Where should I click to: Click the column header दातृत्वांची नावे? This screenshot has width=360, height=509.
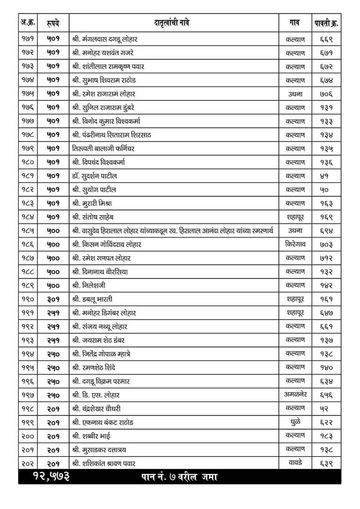point(172,23)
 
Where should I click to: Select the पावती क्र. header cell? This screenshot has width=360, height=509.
point(326,23)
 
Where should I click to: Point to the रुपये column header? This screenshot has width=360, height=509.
point(53,23)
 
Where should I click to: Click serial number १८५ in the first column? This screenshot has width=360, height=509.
point(28,231)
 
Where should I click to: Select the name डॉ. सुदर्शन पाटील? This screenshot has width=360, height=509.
point(94,176)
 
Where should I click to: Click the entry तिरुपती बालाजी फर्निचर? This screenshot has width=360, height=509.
point(103,148)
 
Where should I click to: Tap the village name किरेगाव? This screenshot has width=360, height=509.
point(295,244)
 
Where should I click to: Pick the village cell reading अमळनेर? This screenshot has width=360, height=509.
point(295,395)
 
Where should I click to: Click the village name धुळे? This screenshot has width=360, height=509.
point(295,422)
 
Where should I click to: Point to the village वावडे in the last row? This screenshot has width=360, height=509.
point(295,463)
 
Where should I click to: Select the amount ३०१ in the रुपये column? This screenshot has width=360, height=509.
point(53,299)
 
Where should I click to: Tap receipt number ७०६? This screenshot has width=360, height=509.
point(326,94)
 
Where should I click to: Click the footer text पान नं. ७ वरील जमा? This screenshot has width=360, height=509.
point(179,477)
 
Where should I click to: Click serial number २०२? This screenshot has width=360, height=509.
point(28,463)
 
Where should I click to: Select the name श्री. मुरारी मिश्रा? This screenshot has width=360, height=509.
point(92,203)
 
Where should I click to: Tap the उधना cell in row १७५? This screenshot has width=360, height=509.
point(295,94)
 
